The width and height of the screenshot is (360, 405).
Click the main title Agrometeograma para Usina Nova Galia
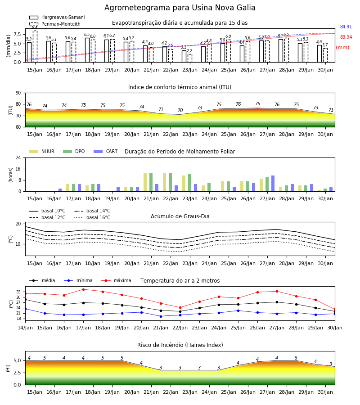click(180, 8)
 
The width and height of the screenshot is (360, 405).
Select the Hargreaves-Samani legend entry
click(57, 17)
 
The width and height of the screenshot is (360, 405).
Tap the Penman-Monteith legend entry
click(55, 24)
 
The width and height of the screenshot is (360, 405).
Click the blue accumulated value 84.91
click(346, 27)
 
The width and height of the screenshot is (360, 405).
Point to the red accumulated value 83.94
click(346, 37)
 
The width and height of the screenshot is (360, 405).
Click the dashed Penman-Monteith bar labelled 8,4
click(35, 46)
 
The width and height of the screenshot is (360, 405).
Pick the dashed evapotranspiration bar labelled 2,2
click(190, 58)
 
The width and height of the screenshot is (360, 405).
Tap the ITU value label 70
click(180, 111)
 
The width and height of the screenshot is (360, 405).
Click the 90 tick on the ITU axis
click(18, 93)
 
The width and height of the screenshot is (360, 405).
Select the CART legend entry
click(106, 151)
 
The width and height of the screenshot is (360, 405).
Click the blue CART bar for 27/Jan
click(273, 184)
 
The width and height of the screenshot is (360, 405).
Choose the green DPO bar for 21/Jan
click(151, 182)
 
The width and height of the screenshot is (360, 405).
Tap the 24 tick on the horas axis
click(18, 158)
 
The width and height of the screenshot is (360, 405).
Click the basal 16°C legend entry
click(92, 217)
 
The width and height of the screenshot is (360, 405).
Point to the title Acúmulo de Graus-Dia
click(180, 216)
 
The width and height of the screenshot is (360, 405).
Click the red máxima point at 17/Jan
click(83, 289)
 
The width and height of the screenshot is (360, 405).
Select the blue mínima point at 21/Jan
click(161, 316)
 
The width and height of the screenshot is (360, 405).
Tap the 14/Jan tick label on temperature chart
click(25, 328)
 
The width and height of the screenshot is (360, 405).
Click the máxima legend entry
click(116, 280)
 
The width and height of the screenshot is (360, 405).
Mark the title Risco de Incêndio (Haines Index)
click(180, 345)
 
